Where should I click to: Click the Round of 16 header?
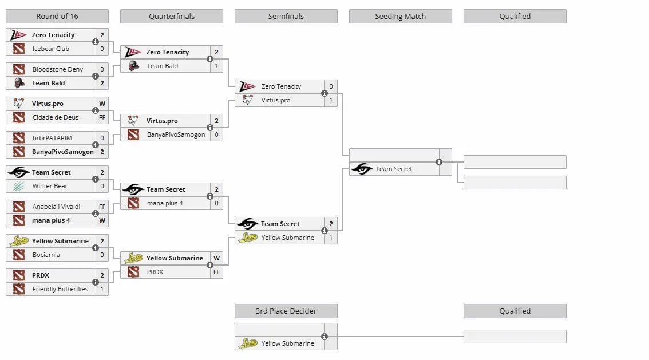click(57, 16)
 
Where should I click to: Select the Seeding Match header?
click(400, 16)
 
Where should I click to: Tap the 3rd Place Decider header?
click(286, 311)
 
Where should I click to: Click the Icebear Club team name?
click(51, 49)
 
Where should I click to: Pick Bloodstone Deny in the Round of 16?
click(58, 69)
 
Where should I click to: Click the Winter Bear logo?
click(19, 186)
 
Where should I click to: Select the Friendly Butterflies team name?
click(60, 289)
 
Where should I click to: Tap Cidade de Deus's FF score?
click(102, 117)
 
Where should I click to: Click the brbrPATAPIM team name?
click(52, 138)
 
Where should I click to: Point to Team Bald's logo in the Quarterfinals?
click(133, 66)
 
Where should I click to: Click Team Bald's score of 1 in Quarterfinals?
click(216, 66)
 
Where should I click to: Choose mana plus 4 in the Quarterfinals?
click(165, 203)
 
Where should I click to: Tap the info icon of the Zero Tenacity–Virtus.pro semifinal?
click(325, 93)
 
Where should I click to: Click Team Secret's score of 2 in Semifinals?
click(331, 224)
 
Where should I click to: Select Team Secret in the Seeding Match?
click(394, 169)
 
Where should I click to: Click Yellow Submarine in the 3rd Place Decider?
click(288, 343)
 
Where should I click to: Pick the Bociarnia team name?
click(46, 255)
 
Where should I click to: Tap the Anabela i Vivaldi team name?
click(56, 207)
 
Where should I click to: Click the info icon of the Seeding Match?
click(439, 162)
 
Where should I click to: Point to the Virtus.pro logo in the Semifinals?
click(247, 100)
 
